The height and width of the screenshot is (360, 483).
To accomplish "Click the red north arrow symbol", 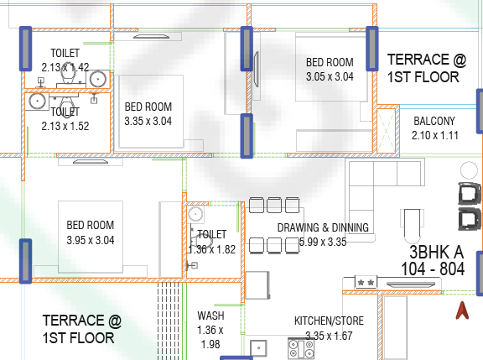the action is point(462,310).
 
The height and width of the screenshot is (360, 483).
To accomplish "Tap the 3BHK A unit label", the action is point(437,253).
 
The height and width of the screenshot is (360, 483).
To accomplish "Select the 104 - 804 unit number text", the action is point(433,269).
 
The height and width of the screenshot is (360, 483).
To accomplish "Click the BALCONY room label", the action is point(434,121).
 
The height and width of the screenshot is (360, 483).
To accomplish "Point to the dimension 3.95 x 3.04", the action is point(91,240).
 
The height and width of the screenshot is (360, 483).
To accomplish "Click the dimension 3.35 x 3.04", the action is point(148,121).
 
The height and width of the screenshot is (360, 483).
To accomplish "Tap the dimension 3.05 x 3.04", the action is point(330,76).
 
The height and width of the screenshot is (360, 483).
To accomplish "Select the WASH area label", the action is point(210,316).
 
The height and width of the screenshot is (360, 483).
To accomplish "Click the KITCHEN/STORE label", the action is point(329,321).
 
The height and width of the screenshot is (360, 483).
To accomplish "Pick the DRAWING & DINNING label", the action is point(323,227).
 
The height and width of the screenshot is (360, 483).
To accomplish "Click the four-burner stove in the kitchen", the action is point(301,348).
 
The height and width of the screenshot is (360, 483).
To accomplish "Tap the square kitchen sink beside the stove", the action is point(258,348).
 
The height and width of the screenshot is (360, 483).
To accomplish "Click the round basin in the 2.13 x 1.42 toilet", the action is point(98,79).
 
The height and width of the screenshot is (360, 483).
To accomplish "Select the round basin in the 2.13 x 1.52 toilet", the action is point(37,101).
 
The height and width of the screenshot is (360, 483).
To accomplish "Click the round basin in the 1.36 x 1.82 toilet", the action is point(195,214).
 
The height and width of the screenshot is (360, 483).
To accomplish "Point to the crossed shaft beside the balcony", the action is point(386,131).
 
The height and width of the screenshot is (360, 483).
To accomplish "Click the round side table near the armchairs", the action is point(469,170).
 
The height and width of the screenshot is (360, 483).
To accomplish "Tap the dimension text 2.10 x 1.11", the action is point(435,135).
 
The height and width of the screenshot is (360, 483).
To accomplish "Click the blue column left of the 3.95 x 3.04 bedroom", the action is point(25,261).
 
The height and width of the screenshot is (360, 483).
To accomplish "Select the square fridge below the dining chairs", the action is point(257,285).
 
